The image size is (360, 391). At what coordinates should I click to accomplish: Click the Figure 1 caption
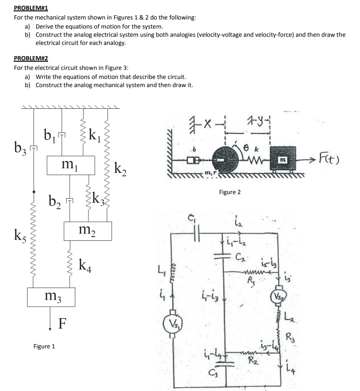pyautogui.click(x=44, y=347)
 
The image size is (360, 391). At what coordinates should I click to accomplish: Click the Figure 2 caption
pyautogui.click(x=230, y=192)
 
